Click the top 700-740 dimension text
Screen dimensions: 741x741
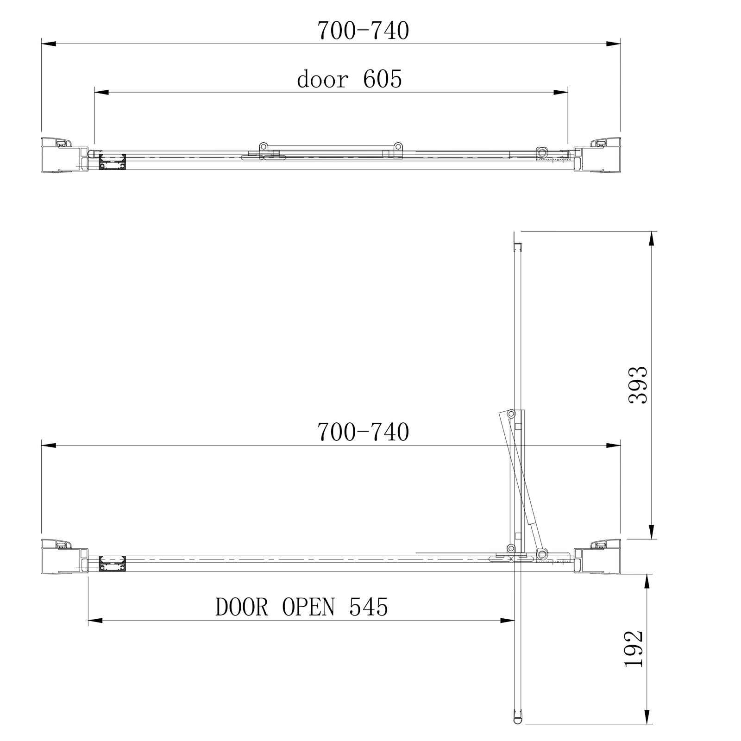(363, 31)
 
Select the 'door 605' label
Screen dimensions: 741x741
(350, 79)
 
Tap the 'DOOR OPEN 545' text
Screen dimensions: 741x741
(301, 607)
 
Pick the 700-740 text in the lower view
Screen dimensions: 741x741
(363, 433)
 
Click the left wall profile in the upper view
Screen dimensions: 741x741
(65, 155)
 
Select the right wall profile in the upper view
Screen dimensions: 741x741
(597, 155)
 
